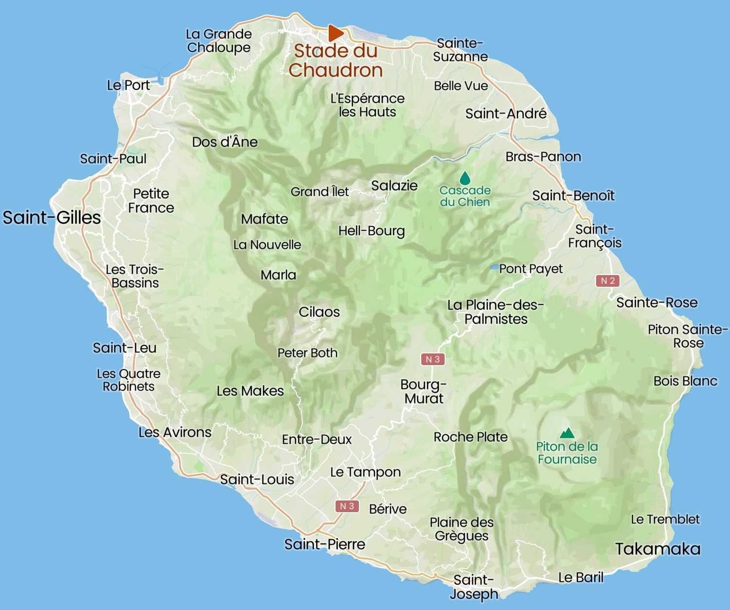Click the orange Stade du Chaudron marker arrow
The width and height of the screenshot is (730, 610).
pyautogui.click(x=335, y=33)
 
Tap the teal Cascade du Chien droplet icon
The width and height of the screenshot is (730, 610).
pyautogui.click(x=465, y=178)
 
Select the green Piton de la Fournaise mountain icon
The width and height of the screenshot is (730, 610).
pyautogui.click(x=567, y=433)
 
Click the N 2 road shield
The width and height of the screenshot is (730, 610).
pyautogui.click(x=607, y=281)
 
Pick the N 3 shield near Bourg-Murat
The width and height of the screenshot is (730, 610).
pyautogui.click(x=432, y=359)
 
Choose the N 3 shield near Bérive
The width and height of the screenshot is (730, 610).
pyautogui.click(x=347, y=506)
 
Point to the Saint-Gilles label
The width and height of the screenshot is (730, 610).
pyautogui.click(x=52, y=218)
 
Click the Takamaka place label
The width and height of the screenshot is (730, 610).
pyautogui.click(x=657, y=549)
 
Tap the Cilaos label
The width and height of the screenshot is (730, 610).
pyautogui.click(x=319, y=312)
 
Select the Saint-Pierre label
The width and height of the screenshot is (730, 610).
pyautogui.click(x=324, y=544)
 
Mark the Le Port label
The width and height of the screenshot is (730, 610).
pyautogui.click(x=129, y=85)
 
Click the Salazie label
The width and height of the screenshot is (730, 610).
pyautogui.click(x=394, y=185)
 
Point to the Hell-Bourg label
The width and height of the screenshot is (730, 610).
pyautogui.click(x=372, y=231)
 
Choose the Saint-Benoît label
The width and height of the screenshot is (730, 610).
pyautogui.click(x=573, y=196)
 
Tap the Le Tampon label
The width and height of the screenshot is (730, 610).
pyautogui.click(x=365, y=472)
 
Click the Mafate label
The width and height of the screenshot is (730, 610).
pyautogui.click(x=264, y=219)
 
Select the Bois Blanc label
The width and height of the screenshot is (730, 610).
pyautogui.click(x=685, y=381)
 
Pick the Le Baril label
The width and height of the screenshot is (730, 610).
pyautogui.click(x=580, y=577)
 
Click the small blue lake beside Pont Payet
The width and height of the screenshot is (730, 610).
pyautogui.click(x=494, y=268)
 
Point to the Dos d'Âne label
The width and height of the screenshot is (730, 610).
pyautogui.click(x=225, y=142)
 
